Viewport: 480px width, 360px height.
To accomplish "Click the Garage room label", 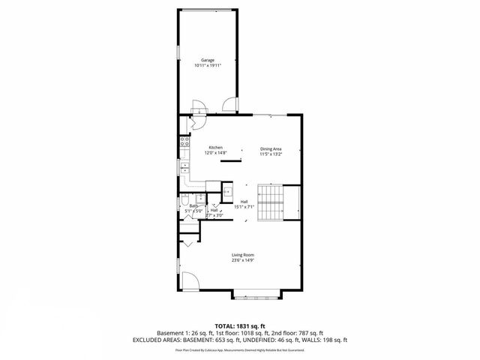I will coord(208,59).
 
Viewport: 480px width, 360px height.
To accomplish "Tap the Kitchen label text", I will coord(216,147).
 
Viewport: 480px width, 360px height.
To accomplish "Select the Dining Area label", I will coord(271,148).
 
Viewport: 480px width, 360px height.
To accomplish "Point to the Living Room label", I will coord(241,255).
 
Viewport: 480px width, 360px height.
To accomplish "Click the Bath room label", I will coord(193,205).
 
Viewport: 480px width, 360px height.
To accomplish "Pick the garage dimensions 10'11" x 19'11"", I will coord(208,65).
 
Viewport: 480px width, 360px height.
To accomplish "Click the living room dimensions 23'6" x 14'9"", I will coord(241,261).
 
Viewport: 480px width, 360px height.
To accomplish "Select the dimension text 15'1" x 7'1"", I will coord(244,207).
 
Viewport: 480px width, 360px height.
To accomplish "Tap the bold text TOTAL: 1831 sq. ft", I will coord(240,325).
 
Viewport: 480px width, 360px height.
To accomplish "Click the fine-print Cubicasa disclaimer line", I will coord(240,349).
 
